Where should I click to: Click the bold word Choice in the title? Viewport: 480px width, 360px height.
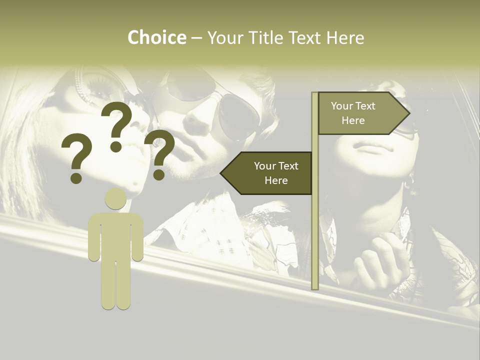click(156, 38)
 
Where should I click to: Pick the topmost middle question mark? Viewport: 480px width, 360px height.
click(116, 125)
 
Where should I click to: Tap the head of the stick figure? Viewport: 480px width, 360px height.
click(115, 199)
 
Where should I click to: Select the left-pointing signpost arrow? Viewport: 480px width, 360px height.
click(267, 173)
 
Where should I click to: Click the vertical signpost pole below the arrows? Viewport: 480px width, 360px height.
click(315, 240)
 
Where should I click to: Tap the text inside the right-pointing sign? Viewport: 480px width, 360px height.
click(353, 113)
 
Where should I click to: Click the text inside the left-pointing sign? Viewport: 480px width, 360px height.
click(276, 173)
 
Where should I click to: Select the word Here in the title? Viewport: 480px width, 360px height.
click(345, 38)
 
